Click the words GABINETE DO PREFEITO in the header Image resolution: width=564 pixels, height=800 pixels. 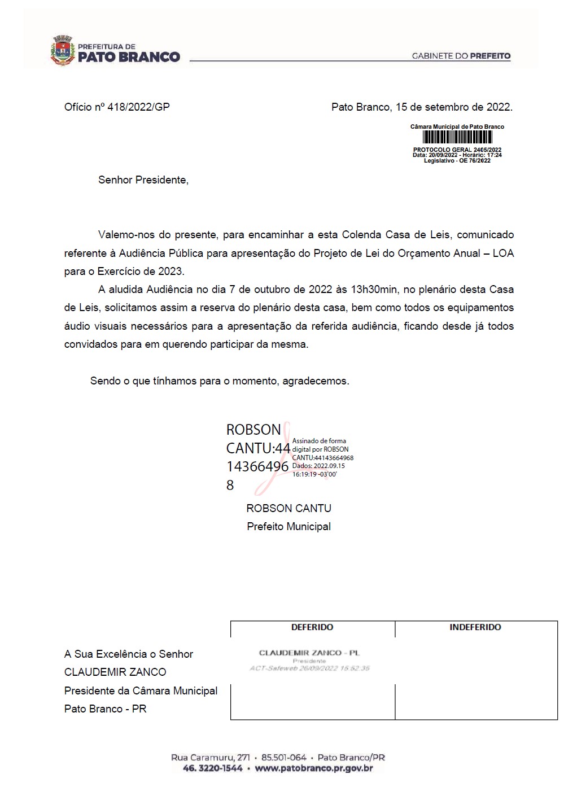click(461, 56)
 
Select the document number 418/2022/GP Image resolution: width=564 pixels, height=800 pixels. click(138, 107)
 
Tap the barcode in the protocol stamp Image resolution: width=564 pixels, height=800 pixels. click(457, 137)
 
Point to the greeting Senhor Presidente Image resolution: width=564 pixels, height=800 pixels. click(143, 180)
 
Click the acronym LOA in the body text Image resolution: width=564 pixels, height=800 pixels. click(503, 253)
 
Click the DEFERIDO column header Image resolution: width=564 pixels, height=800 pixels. click(312, 627)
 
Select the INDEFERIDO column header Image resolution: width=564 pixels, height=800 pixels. click(475, 627)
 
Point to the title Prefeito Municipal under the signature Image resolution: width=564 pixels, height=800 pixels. click(288, 527)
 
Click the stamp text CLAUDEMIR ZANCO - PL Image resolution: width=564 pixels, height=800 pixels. click(309, 653)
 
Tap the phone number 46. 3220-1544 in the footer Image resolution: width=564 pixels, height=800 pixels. click(213, 768)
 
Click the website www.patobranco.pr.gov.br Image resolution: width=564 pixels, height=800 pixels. click(314, 768)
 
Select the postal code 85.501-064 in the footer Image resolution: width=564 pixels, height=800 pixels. click(283, 758)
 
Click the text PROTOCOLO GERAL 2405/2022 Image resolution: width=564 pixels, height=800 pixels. click(457, 150)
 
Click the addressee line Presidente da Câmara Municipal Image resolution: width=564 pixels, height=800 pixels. click(141, 690)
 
